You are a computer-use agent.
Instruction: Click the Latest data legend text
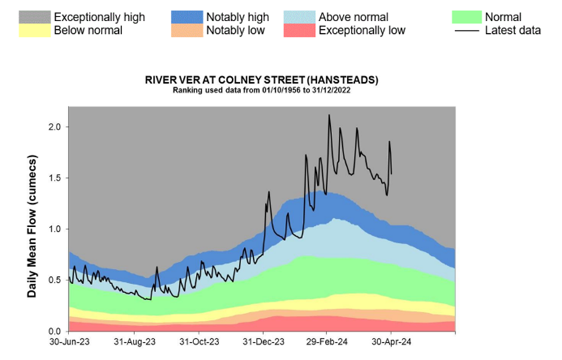[x=513, y=30]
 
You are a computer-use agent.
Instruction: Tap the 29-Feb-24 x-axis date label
[x=327, y=342]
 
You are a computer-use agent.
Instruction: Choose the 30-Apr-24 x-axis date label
[x=391, y=342]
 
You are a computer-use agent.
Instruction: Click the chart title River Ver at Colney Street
[x=261, y=80]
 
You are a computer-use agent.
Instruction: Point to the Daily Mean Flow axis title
[x=31, y=225]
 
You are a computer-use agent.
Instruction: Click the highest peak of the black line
[x=329, y=116]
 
